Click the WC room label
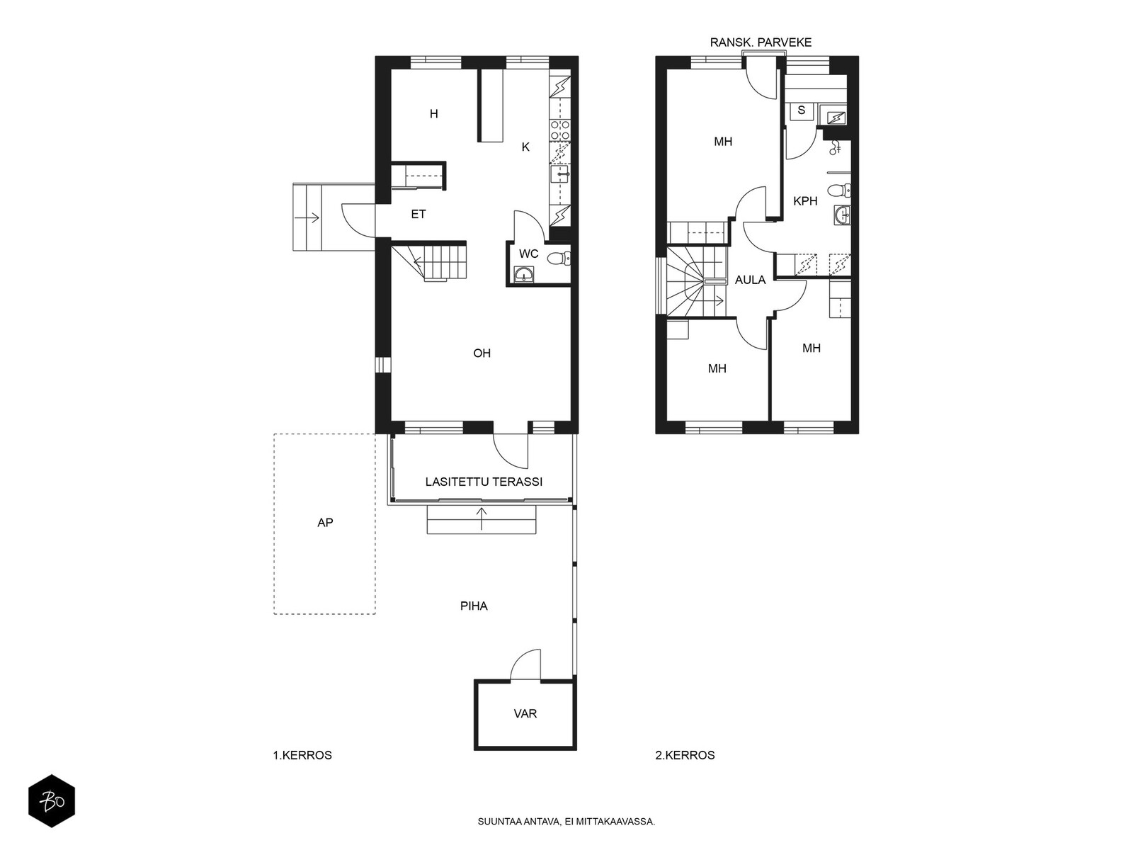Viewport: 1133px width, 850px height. (528, 254)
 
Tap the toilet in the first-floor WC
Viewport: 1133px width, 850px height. (558, 258)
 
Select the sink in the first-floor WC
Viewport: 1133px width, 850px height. (525, 275)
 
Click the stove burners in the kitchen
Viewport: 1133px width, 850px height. (560, 130)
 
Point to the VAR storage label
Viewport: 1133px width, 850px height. (525, 714)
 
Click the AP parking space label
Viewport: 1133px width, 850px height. (325, 523)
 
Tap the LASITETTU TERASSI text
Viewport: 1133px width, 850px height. (484, 482)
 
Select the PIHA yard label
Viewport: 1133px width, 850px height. (474, 606)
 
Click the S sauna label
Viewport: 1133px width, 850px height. (801, 110)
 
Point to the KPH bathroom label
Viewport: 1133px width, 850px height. (805, 201)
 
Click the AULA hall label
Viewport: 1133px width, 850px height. (750, 280)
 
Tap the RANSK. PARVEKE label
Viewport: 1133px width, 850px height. (761, 42)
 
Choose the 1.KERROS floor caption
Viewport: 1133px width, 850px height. (302, 756)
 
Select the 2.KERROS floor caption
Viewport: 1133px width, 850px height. (685, 756)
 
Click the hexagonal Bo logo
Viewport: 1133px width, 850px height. (52, 802)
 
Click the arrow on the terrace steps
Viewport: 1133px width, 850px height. (482, 518)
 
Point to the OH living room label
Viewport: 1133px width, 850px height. (482, 353)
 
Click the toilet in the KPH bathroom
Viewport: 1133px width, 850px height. (839, 191)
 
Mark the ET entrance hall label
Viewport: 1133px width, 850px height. (418, 214)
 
